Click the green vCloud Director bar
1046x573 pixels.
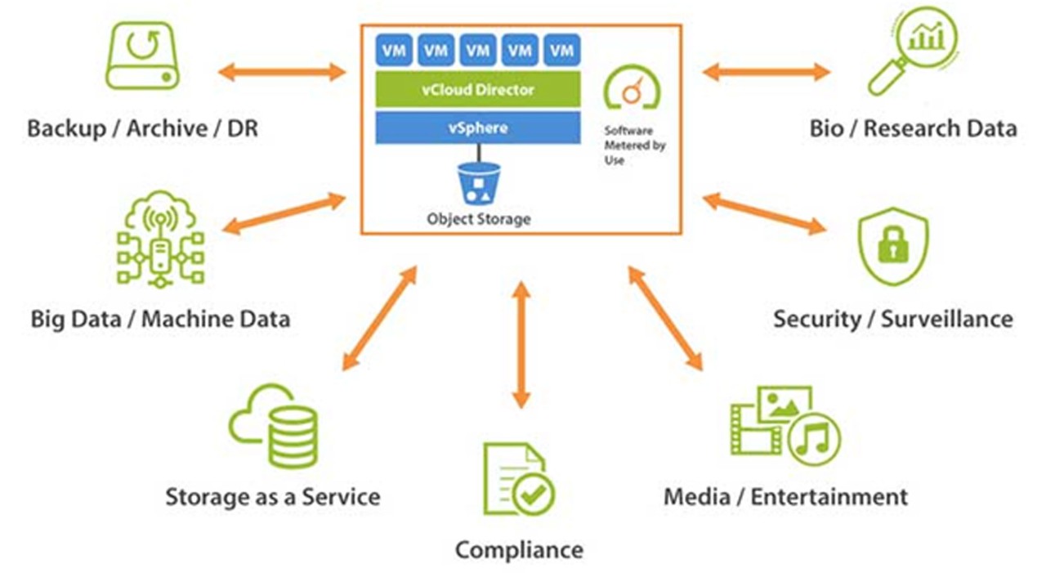477,89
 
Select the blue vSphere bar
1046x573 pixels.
477,128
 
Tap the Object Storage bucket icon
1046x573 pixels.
479,183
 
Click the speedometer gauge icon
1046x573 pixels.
632,89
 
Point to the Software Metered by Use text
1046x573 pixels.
634,145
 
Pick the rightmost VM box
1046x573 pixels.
561,51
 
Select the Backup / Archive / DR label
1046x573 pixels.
142,128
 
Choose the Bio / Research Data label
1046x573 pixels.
913,128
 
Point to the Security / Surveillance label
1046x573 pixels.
893,318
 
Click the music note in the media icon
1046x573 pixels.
813,438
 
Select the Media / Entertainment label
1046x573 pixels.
785,496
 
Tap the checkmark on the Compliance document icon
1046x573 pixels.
534,493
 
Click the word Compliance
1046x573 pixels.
519,549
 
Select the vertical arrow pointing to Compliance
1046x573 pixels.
521,344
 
